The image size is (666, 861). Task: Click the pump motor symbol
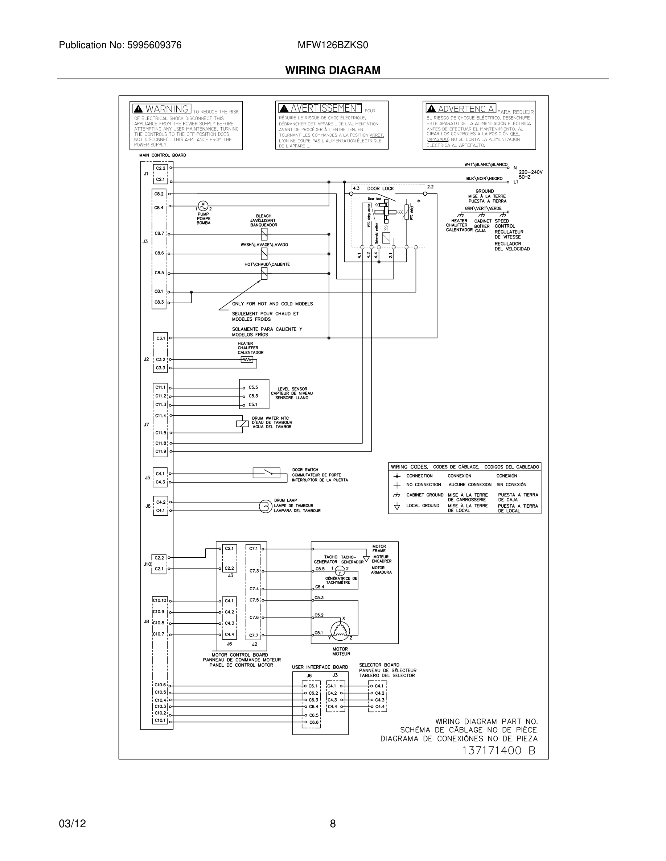point(203,205)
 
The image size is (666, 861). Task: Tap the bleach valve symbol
point(264,234)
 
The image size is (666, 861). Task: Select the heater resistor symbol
point(247,359)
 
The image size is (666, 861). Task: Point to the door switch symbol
point(266,473)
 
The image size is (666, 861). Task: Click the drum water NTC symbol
point(242,424)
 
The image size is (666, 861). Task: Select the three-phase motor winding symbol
point(340,631)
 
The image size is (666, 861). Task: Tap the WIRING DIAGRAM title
point(333,70)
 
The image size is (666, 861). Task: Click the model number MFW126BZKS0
point(332,45)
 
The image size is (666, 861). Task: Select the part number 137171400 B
point(498,750)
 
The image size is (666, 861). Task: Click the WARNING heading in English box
point(166,109)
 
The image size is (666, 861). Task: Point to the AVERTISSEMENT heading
point(325,108)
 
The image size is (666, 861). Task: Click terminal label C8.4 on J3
point(159,207)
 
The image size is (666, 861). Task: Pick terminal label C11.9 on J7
point(161,451)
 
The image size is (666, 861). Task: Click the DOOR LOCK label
point(381,188)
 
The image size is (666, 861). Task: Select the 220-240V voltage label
point(530,172)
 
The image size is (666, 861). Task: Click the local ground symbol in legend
point(397,507)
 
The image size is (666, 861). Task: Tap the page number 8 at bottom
point(333,823)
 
